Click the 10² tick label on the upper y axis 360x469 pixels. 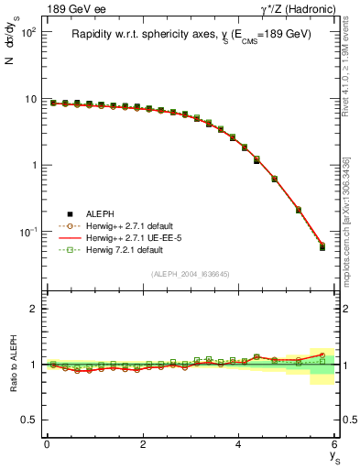click(28, 32)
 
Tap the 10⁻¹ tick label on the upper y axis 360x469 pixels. click(28, 233)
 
